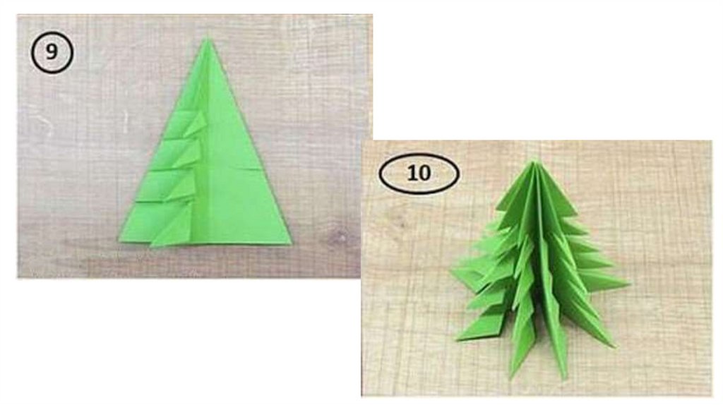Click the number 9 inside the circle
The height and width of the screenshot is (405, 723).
(52, 52)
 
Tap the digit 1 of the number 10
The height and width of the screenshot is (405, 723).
(411, 174)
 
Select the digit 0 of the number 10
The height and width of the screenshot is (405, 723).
(424, 174)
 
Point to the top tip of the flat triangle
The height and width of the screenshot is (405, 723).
(207, 39)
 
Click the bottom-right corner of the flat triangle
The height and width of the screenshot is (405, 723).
(291, 243)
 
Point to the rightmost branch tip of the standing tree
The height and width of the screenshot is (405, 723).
(629, 284)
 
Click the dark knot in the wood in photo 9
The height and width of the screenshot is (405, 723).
(339, 237)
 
